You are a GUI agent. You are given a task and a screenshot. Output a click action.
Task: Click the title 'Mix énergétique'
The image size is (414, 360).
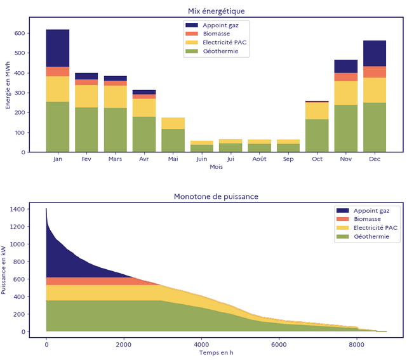pyautogui.click(x=216, y=11)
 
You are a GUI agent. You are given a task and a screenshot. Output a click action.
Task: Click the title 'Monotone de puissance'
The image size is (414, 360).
pyautogui.click(x=216, y=196)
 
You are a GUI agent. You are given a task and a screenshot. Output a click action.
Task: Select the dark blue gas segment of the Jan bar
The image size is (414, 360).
pyautogui.click(x=58, y=48)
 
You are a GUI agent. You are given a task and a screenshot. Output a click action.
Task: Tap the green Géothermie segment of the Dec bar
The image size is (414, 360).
pyautogui.click(x=375, y=127)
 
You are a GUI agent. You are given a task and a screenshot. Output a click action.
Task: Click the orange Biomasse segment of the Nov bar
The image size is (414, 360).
pyautogui.click(x=346, y=77)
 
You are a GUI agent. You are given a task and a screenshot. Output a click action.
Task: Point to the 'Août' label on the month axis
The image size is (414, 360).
pyautogui.click(x=259, y=159)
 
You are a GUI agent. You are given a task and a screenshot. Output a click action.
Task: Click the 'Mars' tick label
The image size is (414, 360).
pyautogui.click(x=115, y=159)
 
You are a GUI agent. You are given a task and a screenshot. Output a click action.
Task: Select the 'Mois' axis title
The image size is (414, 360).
pyautogui.click(x=216, y=168)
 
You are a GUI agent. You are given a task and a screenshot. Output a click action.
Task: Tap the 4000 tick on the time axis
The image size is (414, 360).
pyautogui.click(x=201, y=344)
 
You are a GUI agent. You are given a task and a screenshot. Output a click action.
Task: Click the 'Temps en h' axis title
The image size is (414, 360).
pyautogui.click(x=216, y=352)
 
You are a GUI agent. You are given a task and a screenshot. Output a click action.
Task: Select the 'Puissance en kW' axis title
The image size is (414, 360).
pyautogui.click(x=6, y=270)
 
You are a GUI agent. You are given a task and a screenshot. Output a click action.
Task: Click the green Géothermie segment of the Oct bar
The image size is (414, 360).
pyautogui.click(x=317, y=135)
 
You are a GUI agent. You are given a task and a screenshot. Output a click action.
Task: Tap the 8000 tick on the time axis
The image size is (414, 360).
pyautogui.click(x=356, y=344)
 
